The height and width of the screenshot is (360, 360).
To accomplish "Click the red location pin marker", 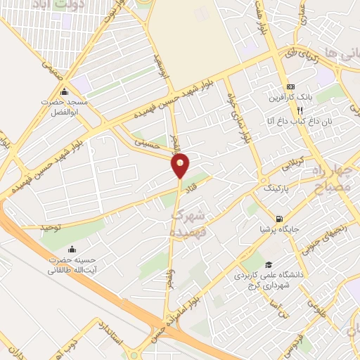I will coord(181,165).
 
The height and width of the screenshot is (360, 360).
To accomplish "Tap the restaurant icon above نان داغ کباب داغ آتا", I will coord(300,110).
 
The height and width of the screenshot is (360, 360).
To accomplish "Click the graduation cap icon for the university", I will coord(268,264).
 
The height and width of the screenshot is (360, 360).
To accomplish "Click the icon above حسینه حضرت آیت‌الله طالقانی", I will coord(72,249).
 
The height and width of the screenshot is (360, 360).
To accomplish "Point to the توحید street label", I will coord(52,227).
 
